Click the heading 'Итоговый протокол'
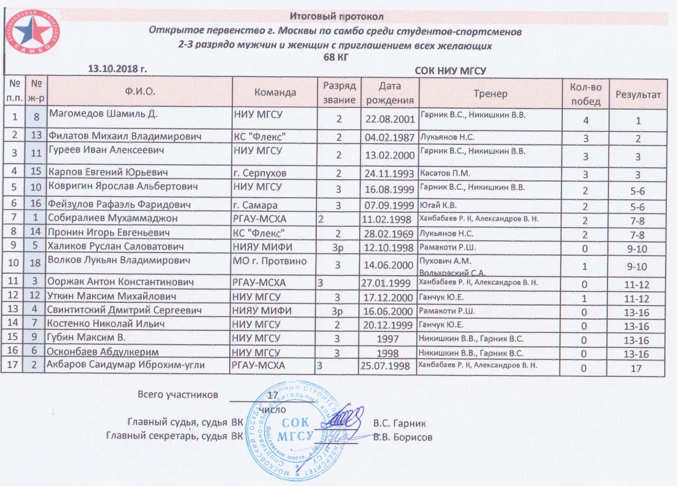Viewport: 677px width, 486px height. (x=336, y=17)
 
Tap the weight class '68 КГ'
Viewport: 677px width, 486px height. (x=336, y=57)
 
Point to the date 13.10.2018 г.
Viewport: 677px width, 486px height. (x=117, y=69)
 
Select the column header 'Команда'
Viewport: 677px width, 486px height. (x=275, y=92)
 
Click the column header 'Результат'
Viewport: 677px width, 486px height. (x=637, y=94)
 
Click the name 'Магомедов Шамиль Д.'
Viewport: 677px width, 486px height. (x=103, y=114)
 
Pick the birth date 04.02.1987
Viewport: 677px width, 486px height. (x=389, y=137)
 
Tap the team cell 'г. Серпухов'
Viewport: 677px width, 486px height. (x=260, y=173)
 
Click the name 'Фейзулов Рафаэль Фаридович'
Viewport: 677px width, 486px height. (x=119, y=205)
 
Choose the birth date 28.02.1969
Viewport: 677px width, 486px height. (x=388, y=234)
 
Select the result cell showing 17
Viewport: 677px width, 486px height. (x=636, y=368)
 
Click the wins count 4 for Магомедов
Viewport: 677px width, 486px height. (x=586, y=121)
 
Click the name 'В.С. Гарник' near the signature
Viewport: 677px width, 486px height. (x=399, y=423)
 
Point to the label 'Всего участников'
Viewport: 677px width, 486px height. (x=178, y=394)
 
